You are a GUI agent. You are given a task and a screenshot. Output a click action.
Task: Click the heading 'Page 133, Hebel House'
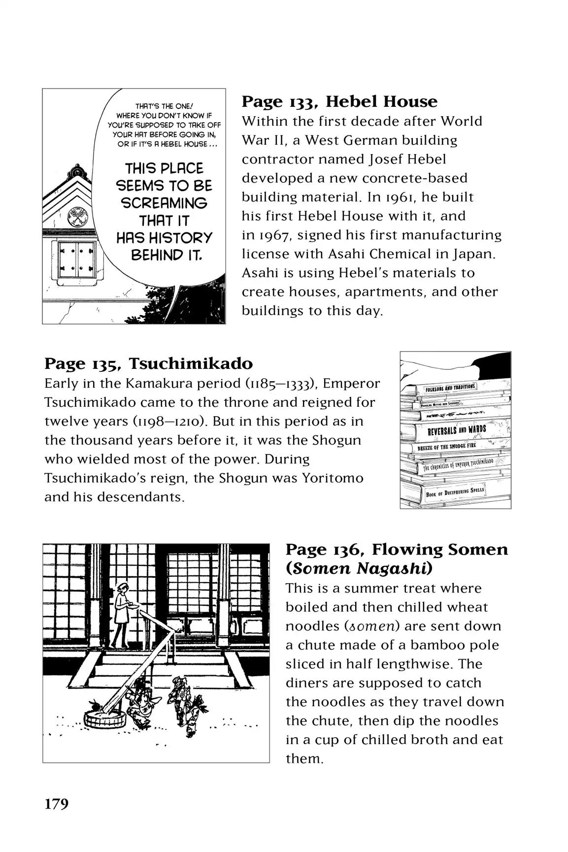tap(339, 102)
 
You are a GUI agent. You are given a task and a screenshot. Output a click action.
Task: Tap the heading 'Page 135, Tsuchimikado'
tap(148, 364)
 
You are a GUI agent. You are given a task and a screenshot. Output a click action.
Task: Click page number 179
tap(57, 804)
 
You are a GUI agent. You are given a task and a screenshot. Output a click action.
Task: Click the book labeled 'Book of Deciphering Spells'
tap(455, 492)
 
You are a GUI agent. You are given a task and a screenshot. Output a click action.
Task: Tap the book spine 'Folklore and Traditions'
tap(450, 387)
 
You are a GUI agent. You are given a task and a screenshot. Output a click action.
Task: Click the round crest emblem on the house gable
tap(78, 217)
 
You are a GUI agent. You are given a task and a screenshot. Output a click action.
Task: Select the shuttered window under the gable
tap(77, 262)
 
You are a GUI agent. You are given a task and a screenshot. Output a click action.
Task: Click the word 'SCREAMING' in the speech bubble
tap(164, 203)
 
